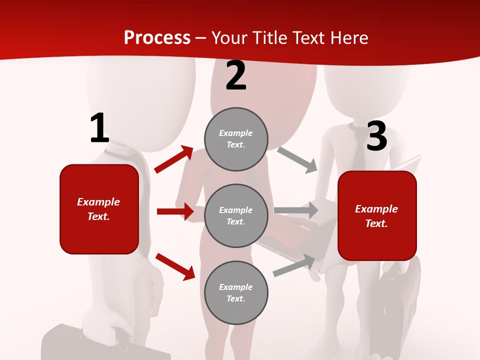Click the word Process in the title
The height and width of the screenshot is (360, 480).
tap(157, 38)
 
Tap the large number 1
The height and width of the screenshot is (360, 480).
tap(99, 128)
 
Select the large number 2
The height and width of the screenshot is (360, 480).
tap(236, 76)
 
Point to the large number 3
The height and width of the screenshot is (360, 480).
tap(376, 136)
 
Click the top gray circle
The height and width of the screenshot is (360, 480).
tap(236, 139)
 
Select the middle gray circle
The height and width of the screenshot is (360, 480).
tap(236, 215)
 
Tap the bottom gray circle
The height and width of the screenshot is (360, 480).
tap(236, 292)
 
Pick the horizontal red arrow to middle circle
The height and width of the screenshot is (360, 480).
tap(175, 211)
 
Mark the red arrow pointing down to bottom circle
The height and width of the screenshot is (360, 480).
tap(175, 266)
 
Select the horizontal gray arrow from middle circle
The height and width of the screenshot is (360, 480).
tap(296, 210)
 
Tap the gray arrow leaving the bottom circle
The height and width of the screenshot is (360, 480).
tap(294, 265)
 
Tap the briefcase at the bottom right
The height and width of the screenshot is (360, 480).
tap(400, 300)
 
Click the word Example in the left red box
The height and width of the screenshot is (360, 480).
tap(98, 202)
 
